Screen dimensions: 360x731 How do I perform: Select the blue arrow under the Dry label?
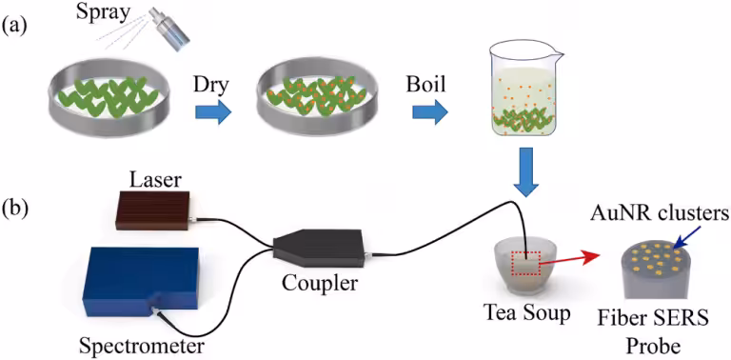(x=213, y=111)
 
